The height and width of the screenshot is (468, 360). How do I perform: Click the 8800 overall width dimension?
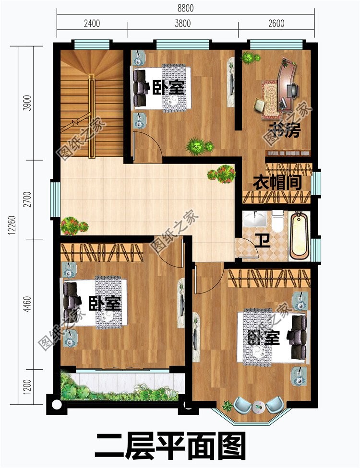click(x=185, y=8)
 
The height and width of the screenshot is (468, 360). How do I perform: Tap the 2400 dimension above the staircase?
click(x=92, y=23)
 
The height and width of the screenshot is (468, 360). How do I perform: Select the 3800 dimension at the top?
click(x=182, y=23)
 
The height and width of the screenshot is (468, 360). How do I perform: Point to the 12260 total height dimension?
click(x=12, y=225)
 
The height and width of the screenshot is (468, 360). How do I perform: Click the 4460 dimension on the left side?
click(x=27, y=304)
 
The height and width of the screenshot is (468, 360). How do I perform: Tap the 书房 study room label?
click(x=285, y=130)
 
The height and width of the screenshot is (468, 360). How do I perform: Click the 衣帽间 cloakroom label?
click(x=277, y=182)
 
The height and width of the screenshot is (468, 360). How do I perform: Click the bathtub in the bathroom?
click(x=299, y=235)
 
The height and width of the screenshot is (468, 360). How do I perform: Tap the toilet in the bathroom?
click(x=278, y=221)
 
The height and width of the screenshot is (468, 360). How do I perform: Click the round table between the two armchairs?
click(x=258, y=407)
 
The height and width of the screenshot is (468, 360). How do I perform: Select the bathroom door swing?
click(x=247, y=247)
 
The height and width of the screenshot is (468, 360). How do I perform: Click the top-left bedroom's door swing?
click(x=147, y=146)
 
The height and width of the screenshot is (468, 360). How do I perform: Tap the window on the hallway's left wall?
click(x=55, y=199)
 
